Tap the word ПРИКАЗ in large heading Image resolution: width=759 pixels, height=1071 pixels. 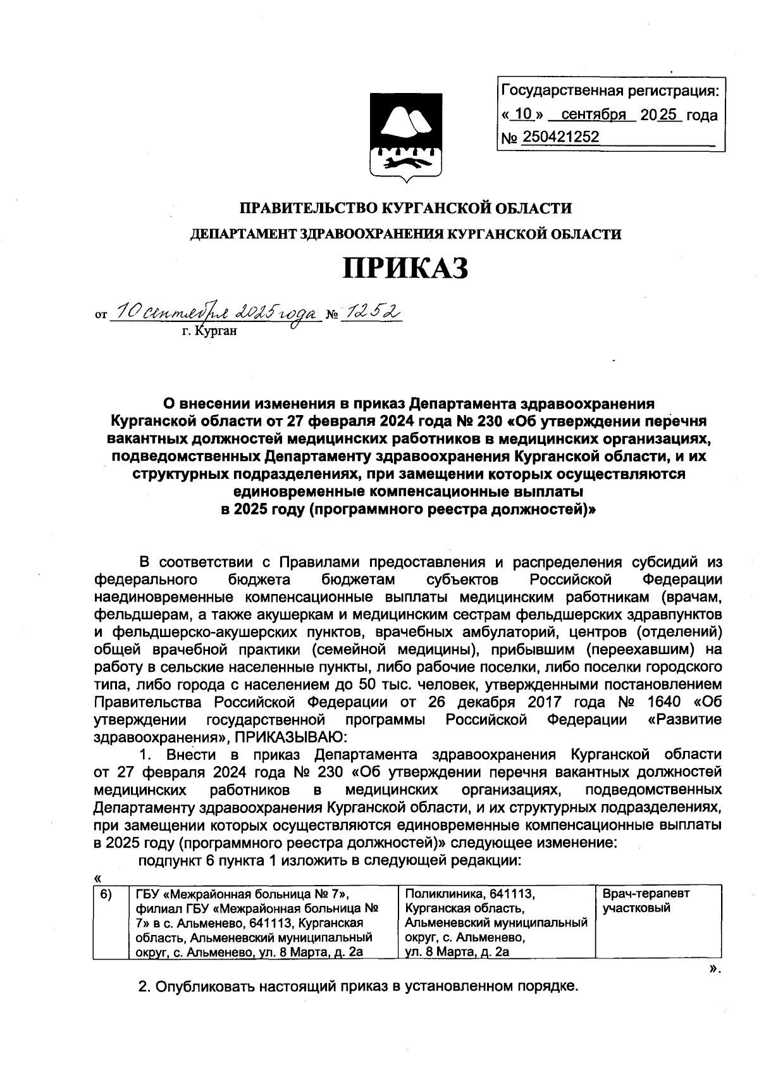pyautogui.click(x=405, y=268)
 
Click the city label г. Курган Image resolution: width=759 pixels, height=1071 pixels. pyautogui.click(x=209, y=330)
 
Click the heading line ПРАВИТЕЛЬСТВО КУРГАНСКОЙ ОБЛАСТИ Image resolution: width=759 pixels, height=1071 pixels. pyautogui.click(x=405, y=207)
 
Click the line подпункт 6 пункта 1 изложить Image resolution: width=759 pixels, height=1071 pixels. pyautogui.click(x=329, y=860)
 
